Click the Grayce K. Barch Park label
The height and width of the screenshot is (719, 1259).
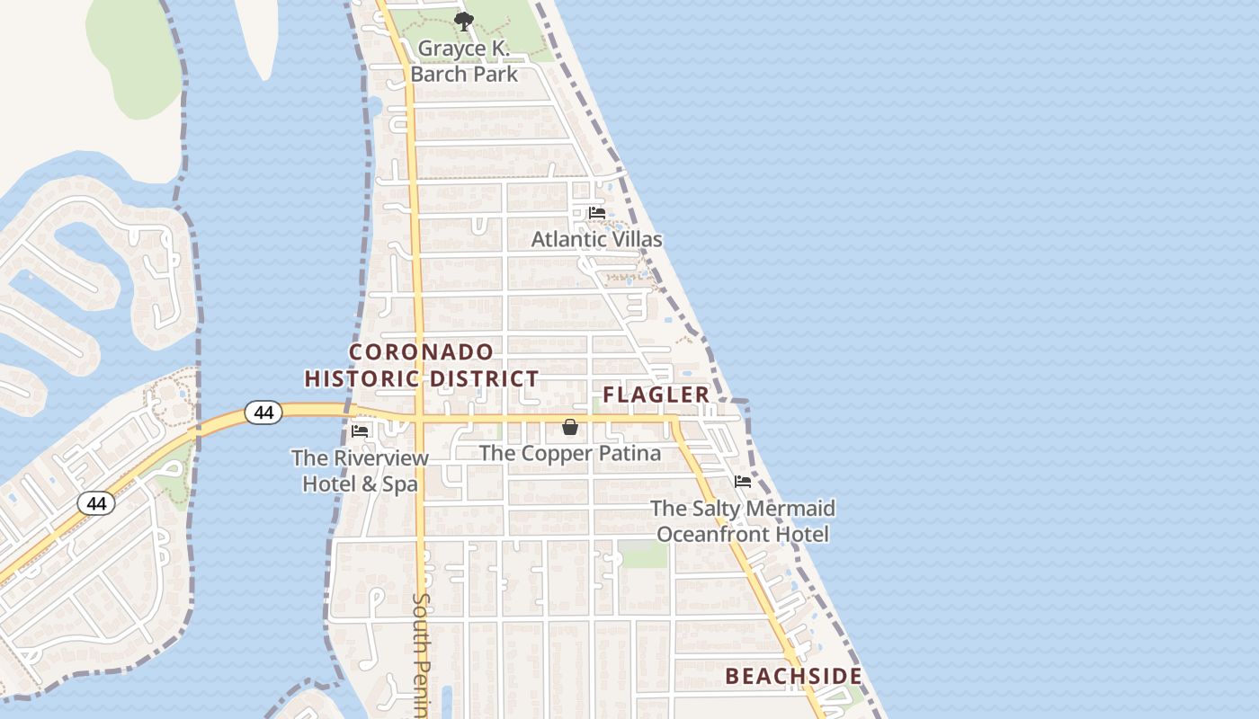[464, 61]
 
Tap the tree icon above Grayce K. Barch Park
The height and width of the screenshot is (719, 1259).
[463, 21]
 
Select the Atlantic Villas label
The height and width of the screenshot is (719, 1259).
[596, 239]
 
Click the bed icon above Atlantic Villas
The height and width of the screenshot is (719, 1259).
[596, 213]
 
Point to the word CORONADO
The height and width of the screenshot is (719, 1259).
[422, 351]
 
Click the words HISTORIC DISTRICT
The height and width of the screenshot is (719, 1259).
[422, 379]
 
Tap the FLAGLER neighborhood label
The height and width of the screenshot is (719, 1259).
[656, 395]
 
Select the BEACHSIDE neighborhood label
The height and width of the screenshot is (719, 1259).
[793, 676]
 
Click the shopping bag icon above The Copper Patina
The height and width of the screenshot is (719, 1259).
[570, 427]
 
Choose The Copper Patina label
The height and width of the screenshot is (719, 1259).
[570, 453]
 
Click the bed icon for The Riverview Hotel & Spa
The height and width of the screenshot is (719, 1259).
[361, 431]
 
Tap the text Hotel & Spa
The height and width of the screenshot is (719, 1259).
[360, 484]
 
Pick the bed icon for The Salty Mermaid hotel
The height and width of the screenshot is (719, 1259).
[743, 482]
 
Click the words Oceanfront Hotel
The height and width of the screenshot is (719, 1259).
[743, 534]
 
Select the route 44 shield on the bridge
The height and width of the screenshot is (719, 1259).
[263, 413]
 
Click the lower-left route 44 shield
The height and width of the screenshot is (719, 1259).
[96, 503]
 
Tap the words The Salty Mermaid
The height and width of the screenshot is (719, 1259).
[743, 509]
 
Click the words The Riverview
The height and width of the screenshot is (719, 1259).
[360, 457]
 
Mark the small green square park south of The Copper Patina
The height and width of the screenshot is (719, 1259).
[643, 554]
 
